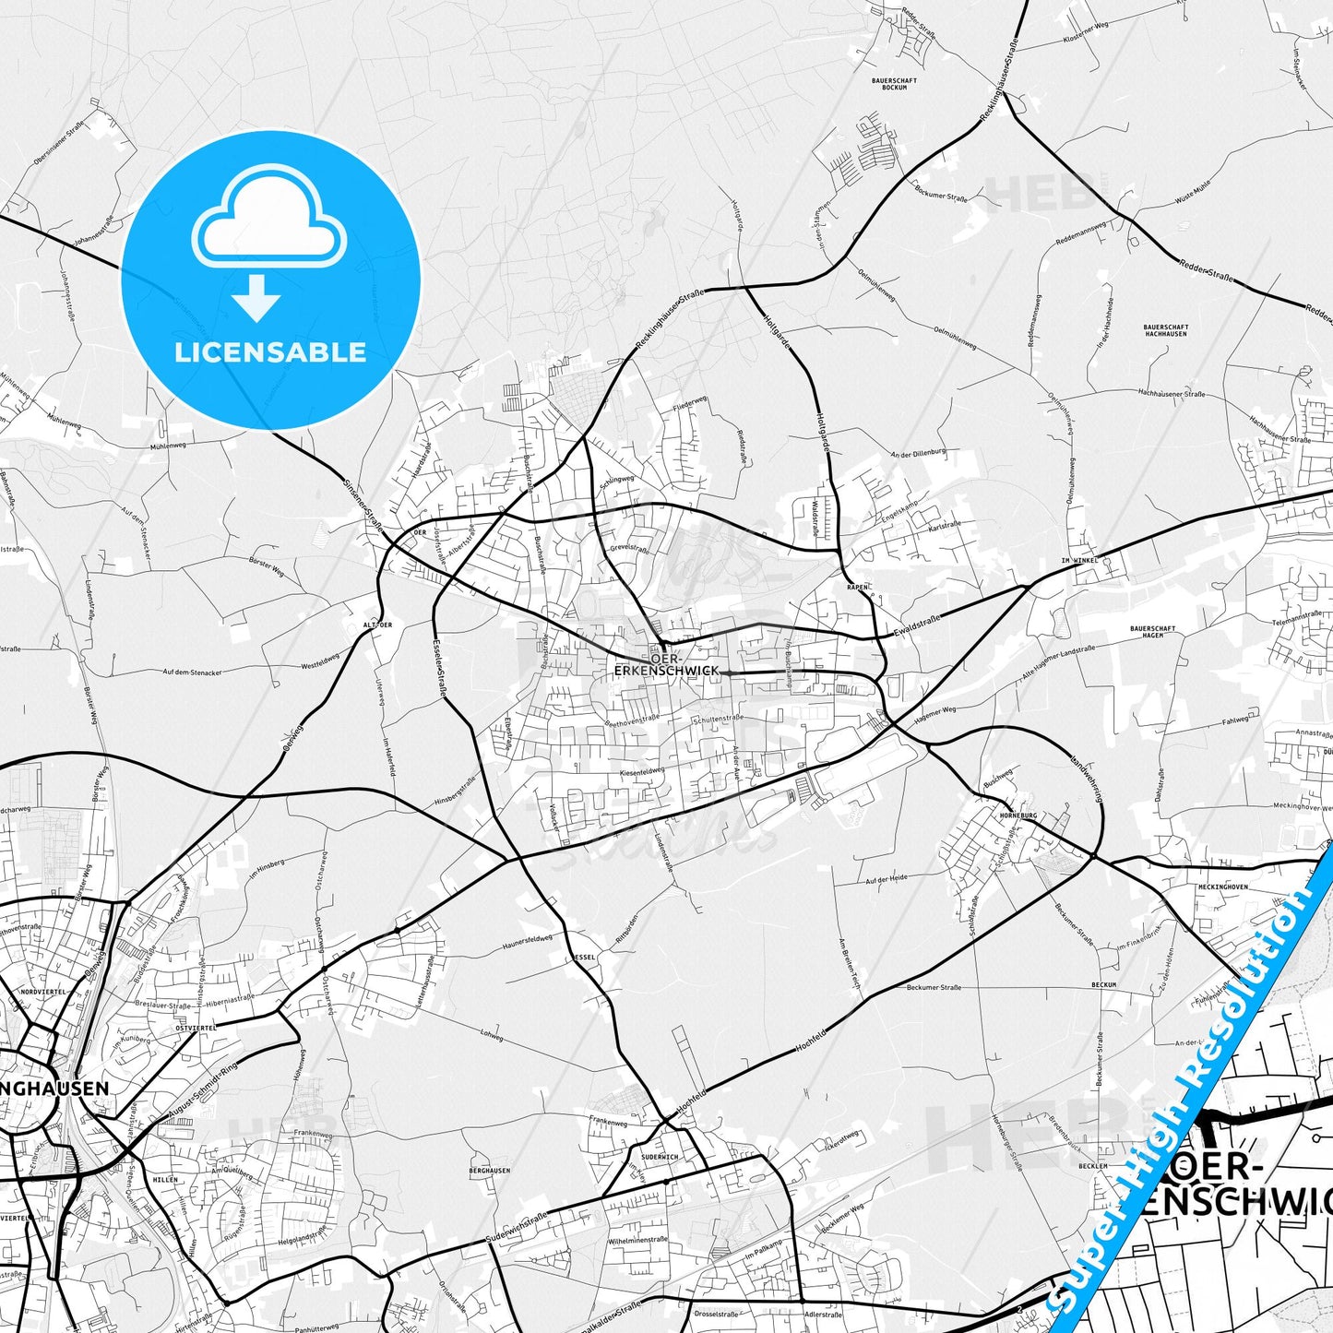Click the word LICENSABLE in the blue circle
[270, 352]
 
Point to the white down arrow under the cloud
[256, 299]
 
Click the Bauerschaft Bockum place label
[894, 83]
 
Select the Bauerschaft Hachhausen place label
[1165, 329]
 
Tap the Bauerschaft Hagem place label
[1152, 632]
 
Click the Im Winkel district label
[1078, 561]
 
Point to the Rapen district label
[857, 587]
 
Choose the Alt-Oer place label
[377, 625]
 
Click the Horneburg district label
[1018, 815]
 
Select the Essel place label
[585, 958]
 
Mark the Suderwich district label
[659, 1157]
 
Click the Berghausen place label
[489, 1171]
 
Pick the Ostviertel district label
[195, 1027]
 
